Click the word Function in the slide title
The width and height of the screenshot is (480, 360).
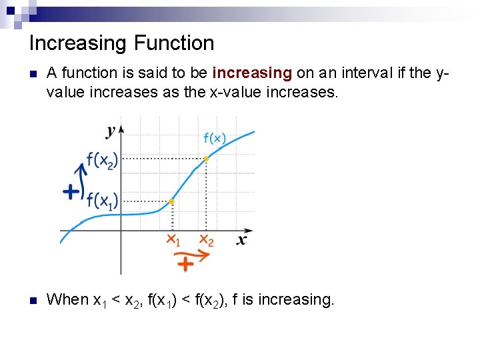tap(174, 44)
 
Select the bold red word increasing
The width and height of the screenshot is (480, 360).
tap(252, 73)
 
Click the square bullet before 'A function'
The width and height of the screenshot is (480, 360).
tap(33, 73)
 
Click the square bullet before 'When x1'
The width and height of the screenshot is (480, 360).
tap(33, 300)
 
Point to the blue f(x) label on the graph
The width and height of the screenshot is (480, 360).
tap(214, 139)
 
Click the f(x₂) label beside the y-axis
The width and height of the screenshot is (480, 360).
tap(101, 160)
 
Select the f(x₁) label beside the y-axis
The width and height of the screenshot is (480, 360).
tap(101, 200)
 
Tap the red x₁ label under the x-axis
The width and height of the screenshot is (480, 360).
tap(173, 240)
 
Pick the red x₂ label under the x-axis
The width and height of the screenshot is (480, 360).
tap(206, 240)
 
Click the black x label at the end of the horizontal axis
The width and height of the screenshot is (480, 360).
tap(242, 239)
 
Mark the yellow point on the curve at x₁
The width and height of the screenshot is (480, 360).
tap(171, 201)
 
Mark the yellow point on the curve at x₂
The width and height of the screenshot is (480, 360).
tap(206, 159)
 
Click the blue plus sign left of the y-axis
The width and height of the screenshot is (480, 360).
tap(70, 193)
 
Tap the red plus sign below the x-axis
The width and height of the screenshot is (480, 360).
tap(185, 265)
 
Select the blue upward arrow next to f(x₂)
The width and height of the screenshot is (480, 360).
tap(82, 179)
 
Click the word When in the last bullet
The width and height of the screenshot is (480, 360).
tap(67, 300)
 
